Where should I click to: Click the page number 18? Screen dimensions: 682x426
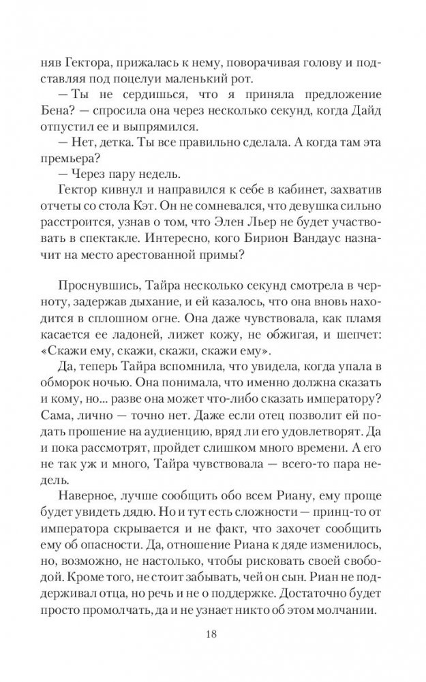[213, 635]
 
